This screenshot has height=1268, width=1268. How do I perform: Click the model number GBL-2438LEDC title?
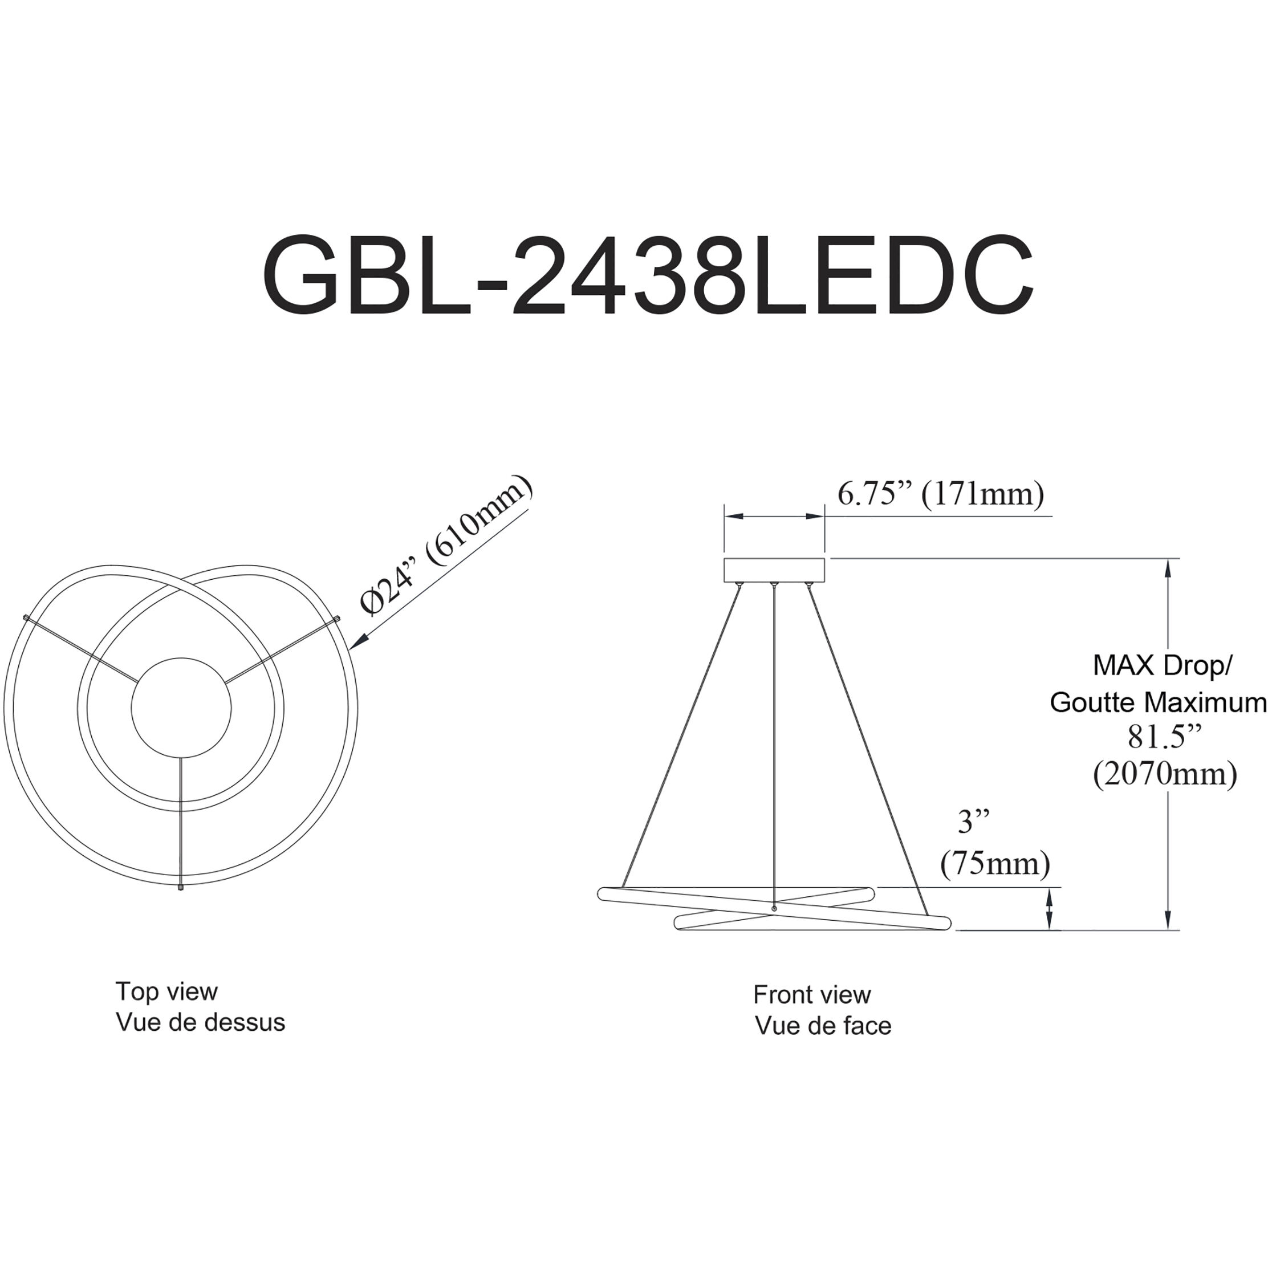[x=648, y=277]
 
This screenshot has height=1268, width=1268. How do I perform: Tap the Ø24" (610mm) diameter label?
[x=447, y=546]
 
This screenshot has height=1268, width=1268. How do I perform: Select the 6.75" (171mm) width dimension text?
[x=941, y=494]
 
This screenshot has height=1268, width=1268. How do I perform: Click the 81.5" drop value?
[x=1164, y=737]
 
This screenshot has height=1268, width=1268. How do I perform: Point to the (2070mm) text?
[x=1165, y=774]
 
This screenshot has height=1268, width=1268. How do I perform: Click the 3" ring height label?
[x=973, y=822]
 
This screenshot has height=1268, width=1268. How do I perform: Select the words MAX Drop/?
[x=1163, y=665]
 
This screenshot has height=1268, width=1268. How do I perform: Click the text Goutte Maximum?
[x=1159, y=702]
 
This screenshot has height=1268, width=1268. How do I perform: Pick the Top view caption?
[x=166, y=991]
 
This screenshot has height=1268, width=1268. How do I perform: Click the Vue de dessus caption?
[x=201, y=1022]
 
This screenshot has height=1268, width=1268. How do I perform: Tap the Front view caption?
[x=812, y=995]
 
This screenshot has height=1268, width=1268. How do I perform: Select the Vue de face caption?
[x=823, y=1026]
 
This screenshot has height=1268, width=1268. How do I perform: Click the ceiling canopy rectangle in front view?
[x=774, y=570]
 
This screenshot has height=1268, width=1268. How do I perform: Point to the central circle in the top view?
[x=181, y=708]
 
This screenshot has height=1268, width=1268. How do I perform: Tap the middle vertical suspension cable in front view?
[x=774, y=742]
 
